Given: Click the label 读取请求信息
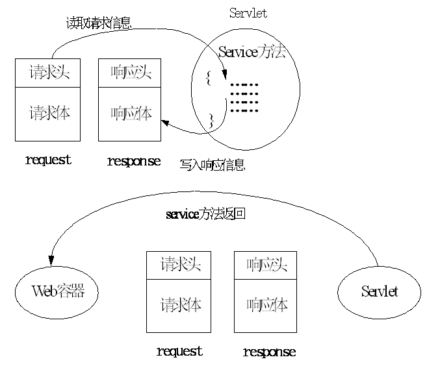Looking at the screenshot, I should [99, 23].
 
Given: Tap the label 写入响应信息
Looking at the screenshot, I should [212, 165].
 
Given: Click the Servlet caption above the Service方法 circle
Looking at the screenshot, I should [248, 14].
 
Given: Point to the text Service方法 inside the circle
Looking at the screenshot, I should [252, 51].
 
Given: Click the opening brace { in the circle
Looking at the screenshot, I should [208, 79].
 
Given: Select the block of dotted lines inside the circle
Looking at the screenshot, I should [244, 97].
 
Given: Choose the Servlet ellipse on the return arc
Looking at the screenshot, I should [379, 291].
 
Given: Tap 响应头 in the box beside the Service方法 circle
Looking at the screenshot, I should [131, 73].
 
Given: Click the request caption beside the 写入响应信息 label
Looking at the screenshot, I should [47, 160].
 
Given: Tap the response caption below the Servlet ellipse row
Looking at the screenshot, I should [269, 352].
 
